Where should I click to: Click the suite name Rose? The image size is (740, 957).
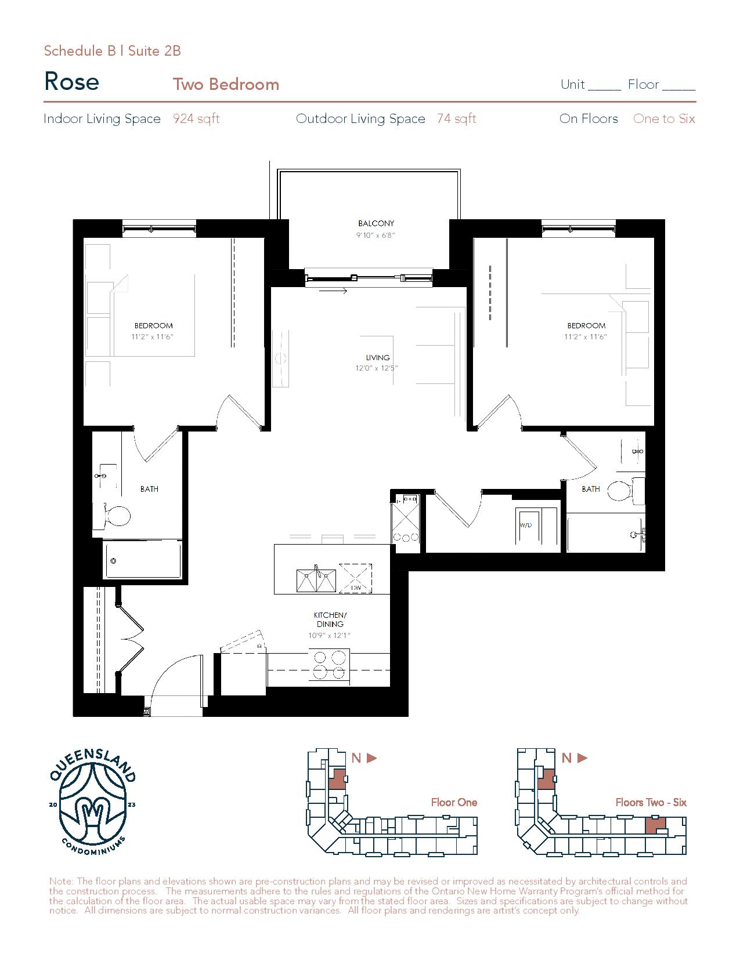point(71,82)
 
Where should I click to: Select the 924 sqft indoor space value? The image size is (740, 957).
point(196,119)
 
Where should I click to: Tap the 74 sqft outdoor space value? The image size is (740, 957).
point(457,119)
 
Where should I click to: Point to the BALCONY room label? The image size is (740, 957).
point(376,223)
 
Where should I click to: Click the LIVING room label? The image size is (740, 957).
point(378,358)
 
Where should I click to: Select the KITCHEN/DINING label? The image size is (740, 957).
point(330,619)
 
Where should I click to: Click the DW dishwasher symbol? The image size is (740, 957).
point(355,578)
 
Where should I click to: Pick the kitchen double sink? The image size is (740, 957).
point(316,580)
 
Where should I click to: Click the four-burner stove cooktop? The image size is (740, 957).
point(329,666)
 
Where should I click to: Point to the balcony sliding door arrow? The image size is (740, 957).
point(333,291)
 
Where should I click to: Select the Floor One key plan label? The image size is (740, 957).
point(454,802)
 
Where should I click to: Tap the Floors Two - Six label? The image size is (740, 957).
point(651,802)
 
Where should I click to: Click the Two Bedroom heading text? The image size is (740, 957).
point(226,84)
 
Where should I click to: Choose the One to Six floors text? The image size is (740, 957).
point(664,119)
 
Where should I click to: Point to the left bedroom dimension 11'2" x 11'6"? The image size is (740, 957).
point(153,337)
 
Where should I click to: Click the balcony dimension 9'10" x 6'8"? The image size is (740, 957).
point(376,235)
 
